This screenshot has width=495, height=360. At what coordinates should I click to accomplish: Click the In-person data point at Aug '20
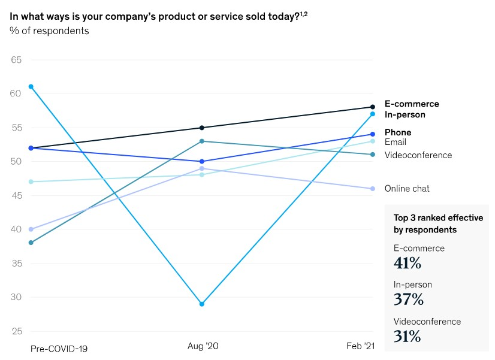point(202,304)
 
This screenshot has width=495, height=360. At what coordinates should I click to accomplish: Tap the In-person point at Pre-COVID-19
point(31,87)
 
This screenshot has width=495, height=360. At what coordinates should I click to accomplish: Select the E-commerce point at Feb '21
point(373,107)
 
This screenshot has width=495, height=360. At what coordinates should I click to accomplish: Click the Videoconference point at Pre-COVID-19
point(31,243)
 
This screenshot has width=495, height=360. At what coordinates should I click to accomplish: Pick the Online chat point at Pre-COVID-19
point(31,229)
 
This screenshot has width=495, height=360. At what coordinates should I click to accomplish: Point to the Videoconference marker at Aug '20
point(202,141)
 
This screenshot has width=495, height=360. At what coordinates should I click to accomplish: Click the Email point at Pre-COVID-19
point(31,181)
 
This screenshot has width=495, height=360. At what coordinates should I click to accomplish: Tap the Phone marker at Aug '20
point(202,162)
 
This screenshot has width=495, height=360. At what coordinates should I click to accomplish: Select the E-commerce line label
point(412,104)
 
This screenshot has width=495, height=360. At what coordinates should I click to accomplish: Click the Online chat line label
point(407,189)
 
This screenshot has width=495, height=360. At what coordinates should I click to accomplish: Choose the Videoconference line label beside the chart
point(418,155)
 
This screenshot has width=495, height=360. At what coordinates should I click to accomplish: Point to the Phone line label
point(398,132)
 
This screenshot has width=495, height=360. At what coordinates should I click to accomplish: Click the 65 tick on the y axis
point(16,60)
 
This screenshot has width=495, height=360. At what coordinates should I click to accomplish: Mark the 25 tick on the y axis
point(16,331)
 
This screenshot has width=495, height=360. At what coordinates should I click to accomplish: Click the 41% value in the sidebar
point(408,262)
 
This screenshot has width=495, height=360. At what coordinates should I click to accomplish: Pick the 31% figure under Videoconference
point(407,337)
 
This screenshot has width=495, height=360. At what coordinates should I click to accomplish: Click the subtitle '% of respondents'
point(49,31)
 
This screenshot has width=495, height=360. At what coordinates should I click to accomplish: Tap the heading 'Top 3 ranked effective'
point(437,218)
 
